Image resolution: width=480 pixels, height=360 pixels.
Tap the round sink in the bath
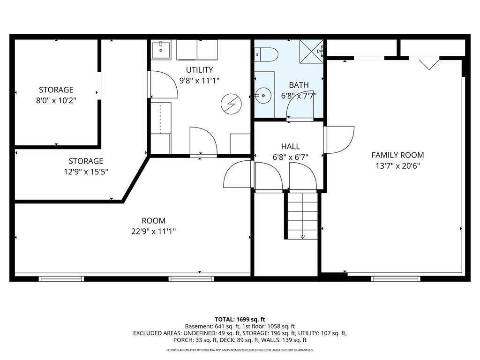pyautogui.click(x=264, y=97)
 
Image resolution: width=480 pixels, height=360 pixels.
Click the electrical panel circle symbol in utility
pyautogui.click(x=230, y=104)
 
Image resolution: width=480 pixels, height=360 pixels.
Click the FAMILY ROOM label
pyautogui.click(x=397, y=155)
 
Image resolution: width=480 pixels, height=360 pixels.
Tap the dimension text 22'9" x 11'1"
pyautogui.click(x=154, y=231)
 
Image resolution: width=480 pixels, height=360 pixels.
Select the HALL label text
pyautogui.click(x=290, y=147)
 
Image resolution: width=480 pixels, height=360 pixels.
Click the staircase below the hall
pyautogui.click(x=302, y=216)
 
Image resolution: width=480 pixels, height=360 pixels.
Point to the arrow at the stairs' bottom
pyautogui.click(x=302, y=237)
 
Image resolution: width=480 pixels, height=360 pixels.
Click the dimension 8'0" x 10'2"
pyautogui.click(x=56, y=100)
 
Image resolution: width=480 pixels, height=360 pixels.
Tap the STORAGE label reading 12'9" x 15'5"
pyautogui.click(x=86, y=161)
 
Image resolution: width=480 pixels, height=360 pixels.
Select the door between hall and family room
pyautogui.click(x=338, y=140)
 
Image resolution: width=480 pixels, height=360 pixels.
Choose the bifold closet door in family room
pyautogui.click(x=428, y=63)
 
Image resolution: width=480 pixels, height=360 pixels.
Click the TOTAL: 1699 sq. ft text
pyautogui.click(x=240, y=319)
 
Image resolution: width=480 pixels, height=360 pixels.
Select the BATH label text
pyautogui.click(x=299, y=85)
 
